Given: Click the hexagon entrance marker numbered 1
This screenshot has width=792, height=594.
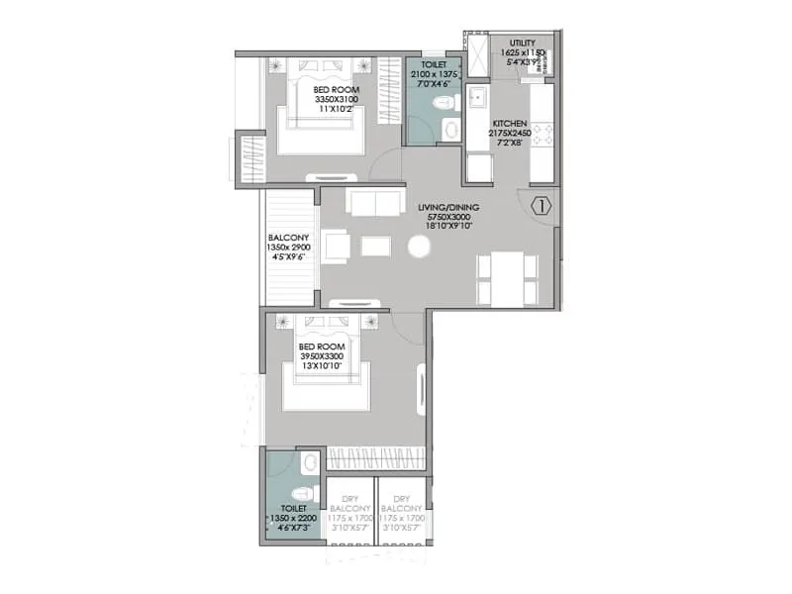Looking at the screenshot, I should click(542, 207).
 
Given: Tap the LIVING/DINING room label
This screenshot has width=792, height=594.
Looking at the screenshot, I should click(447, 207).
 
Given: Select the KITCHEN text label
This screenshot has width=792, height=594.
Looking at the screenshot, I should click(509, 123).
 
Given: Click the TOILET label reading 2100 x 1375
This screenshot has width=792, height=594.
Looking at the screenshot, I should click(434, 73).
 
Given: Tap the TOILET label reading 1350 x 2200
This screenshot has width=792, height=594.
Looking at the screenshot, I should click(291, 516).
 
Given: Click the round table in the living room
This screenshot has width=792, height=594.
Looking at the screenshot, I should click(420, 247).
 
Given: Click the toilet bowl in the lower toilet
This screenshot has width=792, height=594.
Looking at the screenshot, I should click(304, 492).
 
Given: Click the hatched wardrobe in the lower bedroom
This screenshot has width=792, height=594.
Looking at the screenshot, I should click(376, 458).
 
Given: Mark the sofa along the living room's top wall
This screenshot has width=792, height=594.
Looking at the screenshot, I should click(375, 202).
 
